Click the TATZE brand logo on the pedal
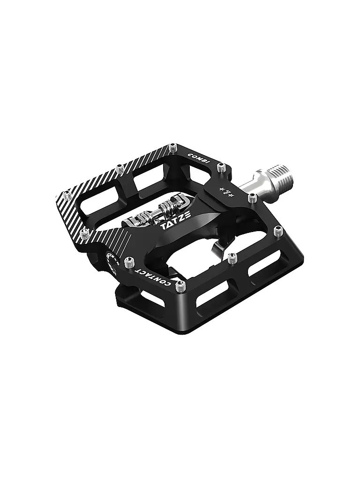(x=173, y=225)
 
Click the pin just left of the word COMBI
(x=173, y=147)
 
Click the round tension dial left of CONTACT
(x=111, y=263)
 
